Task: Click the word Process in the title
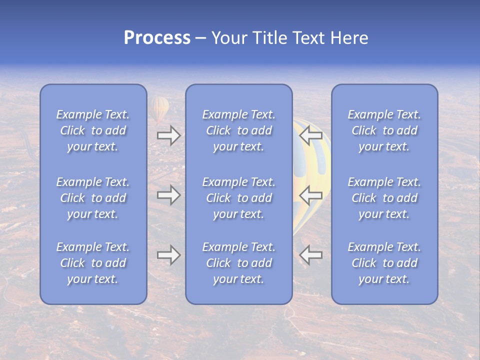pos(157,38)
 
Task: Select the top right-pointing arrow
pos(168,135)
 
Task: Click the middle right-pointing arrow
pos(168,195)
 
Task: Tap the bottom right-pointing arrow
pos(168,255)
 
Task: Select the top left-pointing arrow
pos(310,135)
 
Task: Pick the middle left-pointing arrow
pos(310,195)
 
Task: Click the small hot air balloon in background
pos(159,108)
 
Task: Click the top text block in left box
pos(93,130)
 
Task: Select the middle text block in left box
pos(93,198)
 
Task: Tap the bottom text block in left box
pos(93,263)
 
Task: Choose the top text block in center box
pos(238,130)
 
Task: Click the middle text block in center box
pos(238,198)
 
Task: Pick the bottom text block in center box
pos(238,263)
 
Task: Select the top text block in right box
pos(384,130)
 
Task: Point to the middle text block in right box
pos(384,198)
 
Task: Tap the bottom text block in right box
pos(384,263)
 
